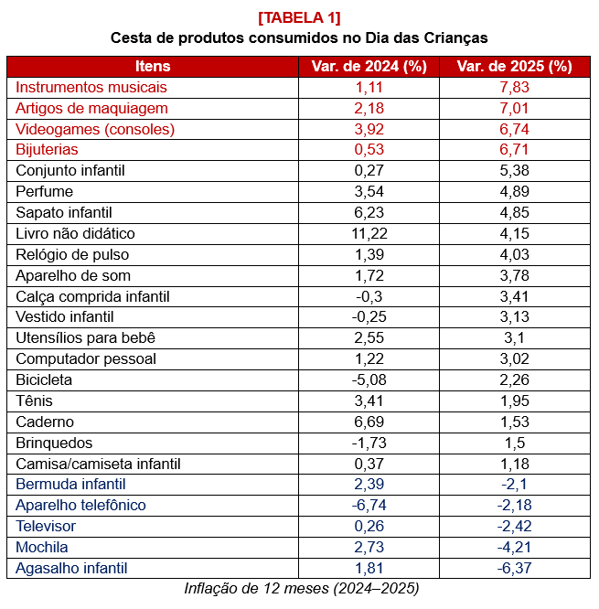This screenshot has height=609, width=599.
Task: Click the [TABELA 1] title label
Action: (299, 17)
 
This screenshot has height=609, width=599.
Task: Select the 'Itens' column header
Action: (153, 66)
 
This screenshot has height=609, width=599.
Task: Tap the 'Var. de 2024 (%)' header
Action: (369, 66)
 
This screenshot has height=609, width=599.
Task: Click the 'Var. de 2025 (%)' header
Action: (514, 66)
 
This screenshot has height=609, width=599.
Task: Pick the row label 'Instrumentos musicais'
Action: (91, 87)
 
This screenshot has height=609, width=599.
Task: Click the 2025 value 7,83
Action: (514, 87)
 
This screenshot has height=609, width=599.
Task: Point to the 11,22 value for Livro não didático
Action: (369, 233)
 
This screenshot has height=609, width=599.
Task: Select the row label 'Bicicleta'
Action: (44, 379)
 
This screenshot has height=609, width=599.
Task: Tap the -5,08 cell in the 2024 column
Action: (369, 379)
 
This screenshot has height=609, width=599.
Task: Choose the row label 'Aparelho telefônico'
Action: (80, 505)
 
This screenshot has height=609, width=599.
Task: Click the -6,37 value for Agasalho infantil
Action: (514, 568)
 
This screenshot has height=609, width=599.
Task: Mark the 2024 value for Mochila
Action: (369, 547)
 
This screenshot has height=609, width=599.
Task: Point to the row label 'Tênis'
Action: (34, 401)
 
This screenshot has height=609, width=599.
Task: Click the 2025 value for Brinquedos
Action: (514, 443)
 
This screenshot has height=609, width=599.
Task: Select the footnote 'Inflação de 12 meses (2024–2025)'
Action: (301, 588)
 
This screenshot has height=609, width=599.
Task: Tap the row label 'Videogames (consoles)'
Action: (95, 129)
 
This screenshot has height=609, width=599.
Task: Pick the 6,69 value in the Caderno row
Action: (369, 422)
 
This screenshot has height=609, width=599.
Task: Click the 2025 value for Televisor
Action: (514, 526)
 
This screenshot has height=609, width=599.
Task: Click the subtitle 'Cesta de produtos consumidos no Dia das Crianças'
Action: (299, 38)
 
